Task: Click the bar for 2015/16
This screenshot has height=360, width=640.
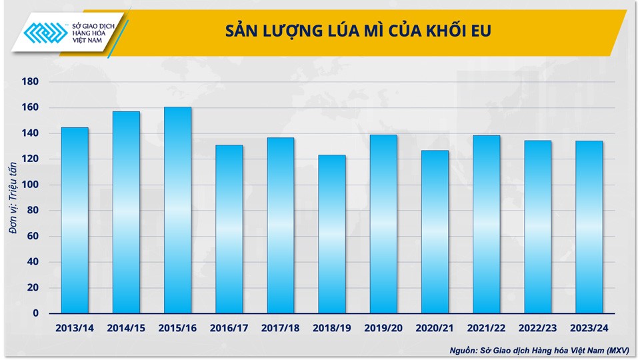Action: click(x=177, y=210)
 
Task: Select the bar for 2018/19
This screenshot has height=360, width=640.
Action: click(x=332, y=234)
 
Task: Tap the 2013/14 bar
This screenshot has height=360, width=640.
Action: click(x=75, y=220)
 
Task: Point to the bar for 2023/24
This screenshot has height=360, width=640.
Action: click(x=589, y=227)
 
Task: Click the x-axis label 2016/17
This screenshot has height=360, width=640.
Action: click(x=229, y=329)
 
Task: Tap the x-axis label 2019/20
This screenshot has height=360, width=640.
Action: click(x=383, y=329)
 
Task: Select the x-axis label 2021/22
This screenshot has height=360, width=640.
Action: click(x=487, y=329)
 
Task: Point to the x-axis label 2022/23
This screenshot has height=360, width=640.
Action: click(x=538, y=329)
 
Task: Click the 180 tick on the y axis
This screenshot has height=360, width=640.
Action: click(x=31, y=81)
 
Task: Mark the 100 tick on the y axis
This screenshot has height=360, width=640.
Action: click(x=31, y=185)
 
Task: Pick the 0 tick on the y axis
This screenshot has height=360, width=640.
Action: click(x=36, y=313)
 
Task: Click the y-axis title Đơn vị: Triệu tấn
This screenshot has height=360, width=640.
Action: click(x=14, y=197)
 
